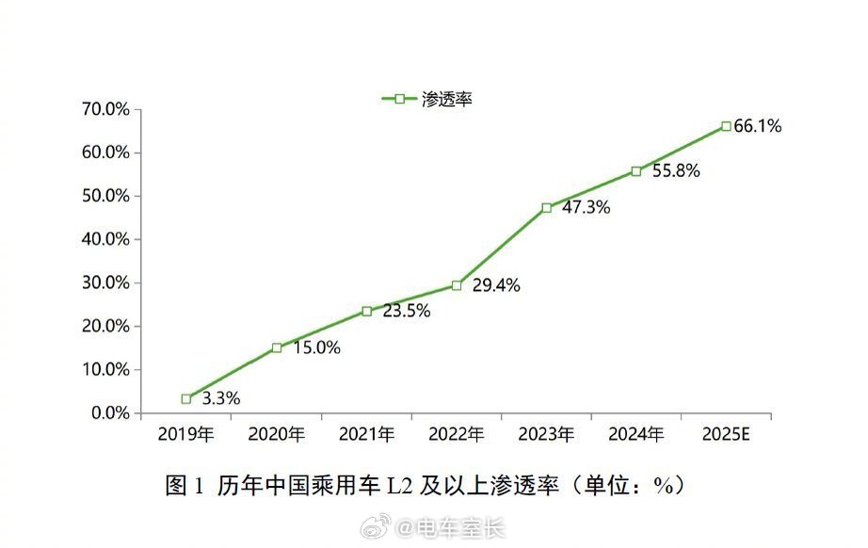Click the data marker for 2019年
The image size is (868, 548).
pyautogui.click(x=186, y=399)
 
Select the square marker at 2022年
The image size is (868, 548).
pyautogui.click(x=457, y=285)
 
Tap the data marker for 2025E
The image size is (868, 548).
pyautogui.click(x=726, y=126)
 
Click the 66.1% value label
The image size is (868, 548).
pyautogui.click(x=758, y=126)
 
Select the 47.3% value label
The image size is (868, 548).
pyautogui.click(x=586, y=208)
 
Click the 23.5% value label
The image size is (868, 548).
pyautogui.click(x=406, y=312)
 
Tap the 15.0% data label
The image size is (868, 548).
pyautogui.click(x=316, y=347)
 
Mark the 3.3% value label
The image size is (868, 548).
pyautogui.click(x=221, y=398)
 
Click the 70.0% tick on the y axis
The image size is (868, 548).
pyautogui.click(x=105, y=109)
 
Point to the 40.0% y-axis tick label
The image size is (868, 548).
pyautogui.click(x=105, y=239)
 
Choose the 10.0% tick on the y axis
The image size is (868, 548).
pyautogui.click(x=105, y=370)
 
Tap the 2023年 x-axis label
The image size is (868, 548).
pyautogui.click(x=546, y=434)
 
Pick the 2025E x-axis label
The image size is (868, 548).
pyautogui.click(x=726, y=434)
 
